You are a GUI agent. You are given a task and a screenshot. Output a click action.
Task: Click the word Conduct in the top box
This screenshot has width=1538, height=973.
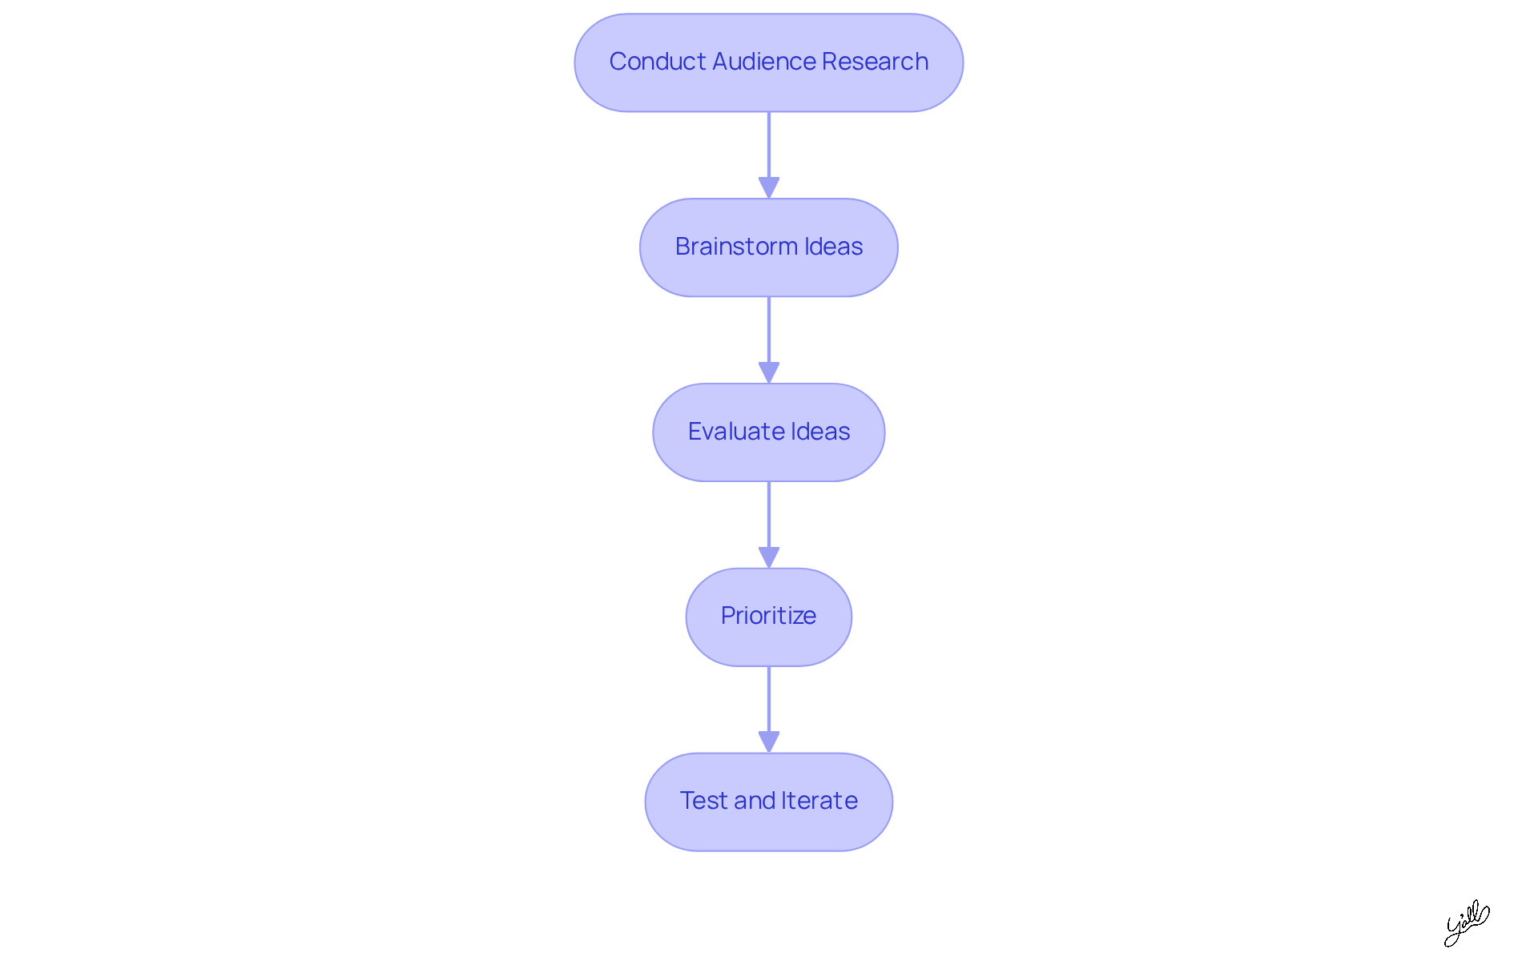click(658, 62)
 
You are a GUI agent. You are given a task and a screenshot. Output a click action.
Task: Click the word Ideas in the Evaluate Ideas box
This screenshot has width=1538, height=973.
click(820, 432)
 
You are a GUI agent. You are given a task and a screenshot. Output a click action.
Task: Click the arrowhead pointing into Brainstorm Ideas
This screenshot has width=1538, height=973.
click(769, 187)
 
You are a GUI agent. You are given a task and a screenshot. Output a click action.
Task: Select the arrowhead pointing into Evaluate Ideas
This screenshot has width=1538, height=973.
click(769, 372)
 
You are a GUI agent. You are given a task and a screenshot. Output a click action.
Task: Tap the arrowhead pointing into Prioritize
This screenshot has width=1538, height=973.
click(769, 557)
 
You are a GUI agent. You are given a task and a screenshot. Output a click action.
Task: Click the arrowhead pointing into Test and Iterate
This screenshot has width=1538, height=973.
click(769, 742)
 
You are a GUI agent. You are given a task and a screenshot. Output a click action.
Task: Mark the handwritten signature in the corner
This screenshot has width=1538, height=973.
click(1466, 923)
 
